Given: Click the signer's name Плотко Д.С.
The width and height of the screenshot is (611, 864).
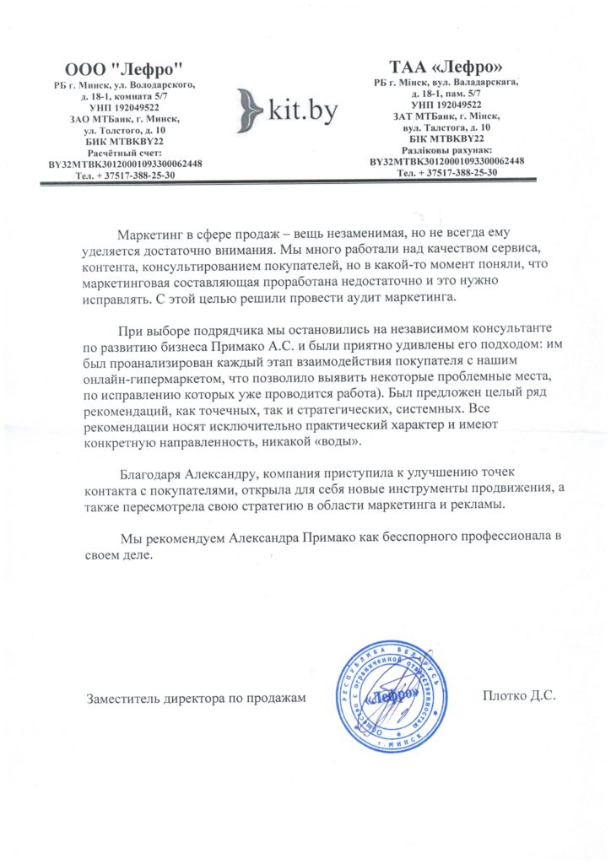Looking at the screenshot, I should (x=519, y=696).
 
